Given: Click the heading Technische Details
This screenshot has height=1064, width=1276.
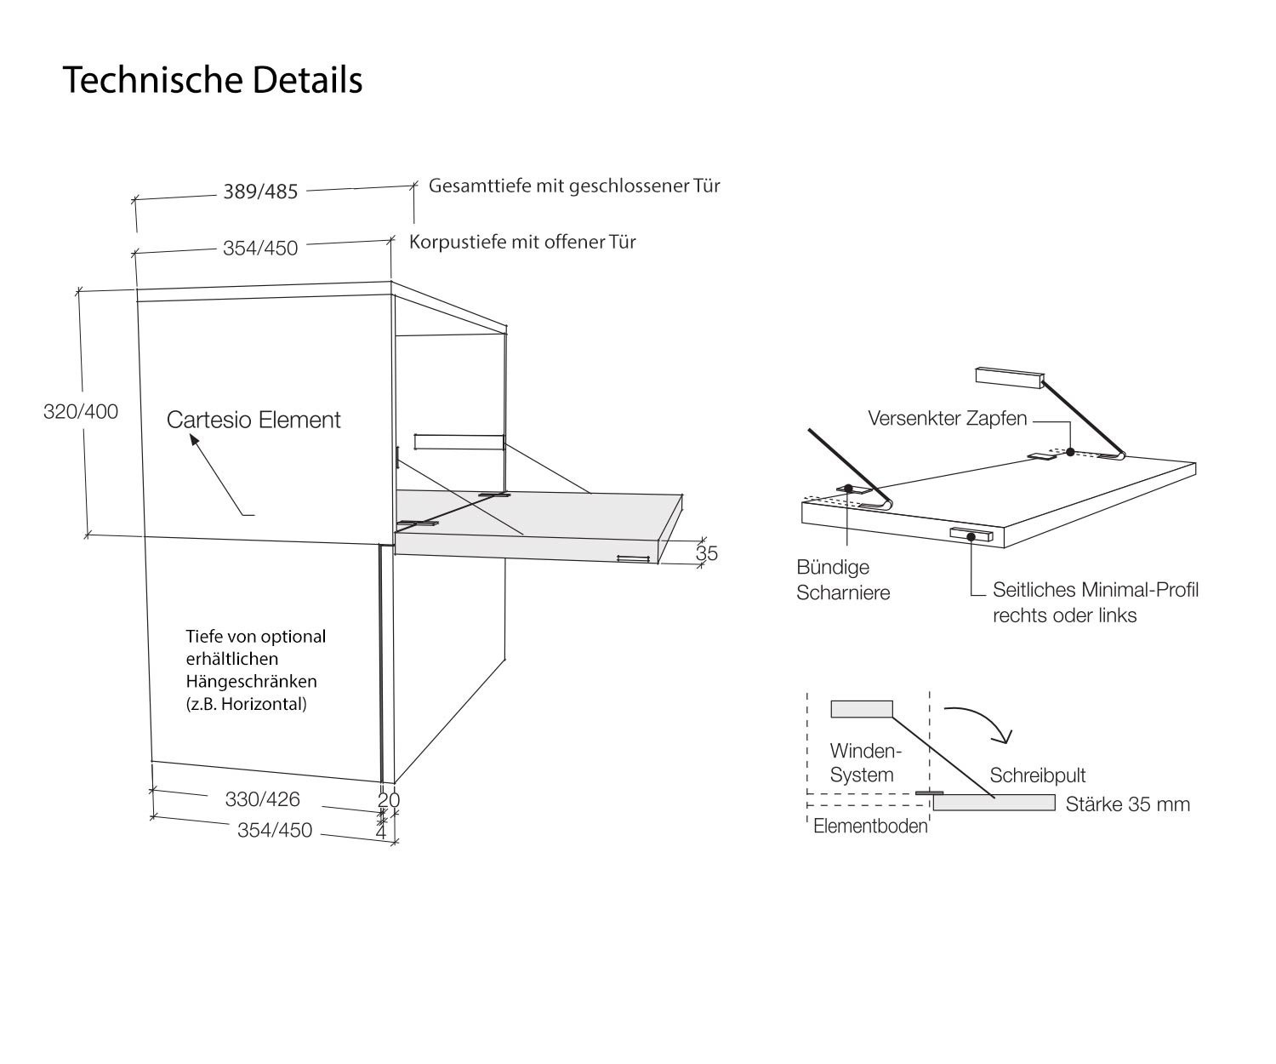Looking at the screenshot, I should coord(213,81).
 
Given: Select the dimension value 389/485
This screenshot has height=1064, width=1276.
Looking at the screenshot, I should coord(260,192).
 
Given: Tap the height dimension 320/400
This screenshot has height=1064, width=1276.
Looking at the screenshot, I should coord(81,412).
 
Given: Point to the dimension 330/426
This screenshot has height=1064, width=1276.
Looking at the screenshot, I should coord(262,799).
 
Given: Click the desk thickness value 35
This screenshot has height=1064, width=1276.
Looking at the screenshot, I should coord(707,553).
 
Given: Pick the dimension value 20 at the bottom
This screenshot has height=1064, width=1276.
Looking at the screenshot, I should coord(388,799).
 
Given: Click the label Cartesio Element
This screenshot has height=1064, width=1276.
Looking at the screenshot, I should coord(253,420).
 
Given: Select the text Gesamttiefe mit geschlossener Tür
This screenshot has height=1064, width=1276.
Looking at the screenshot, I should coord(574,186).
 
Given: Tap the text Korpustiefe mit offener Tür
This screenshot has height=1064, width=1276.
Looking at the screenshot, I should coord(522,242).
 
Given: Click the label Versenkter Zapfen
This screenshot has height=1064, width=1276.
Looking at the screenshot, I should coord(947,419).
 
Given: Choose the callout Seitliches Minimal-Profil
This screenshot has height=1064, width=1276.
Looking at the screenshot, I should coord(1095,590).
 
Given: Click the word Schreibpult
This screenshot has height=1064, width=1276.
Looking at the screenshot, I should coord(1038,775).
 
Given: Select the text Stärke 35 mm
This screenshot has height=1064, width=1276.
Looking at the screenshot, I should coord(1127,804).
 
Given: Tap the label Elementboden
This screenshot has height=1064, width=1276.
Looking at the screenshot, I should coord(869,827).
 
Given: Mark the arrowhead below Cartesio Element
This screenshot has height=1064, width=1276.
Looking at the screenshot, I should coord(194,442).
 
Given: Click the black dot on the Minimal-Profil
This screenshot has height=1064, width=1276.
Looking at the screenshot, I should coord(971,535).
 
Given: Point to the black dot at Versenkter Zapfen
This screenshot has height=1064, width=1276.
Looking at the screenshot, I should coord(1070,452).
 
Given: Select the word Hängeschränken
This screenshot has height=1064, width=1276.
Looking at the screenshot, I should coord(251,682).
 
